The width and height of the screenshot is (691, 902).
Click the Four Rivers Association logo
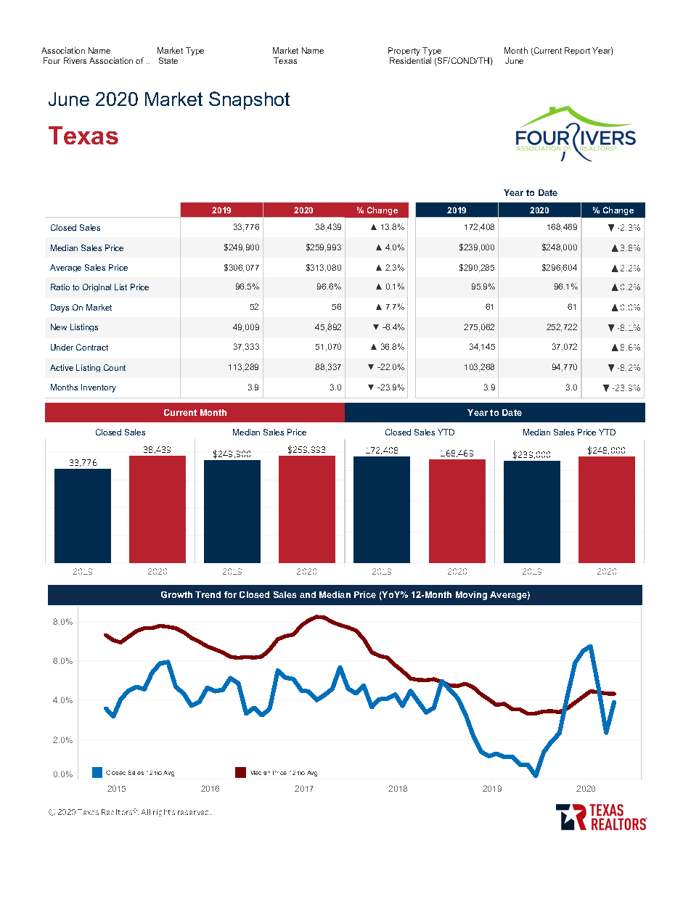click(x=575, y=134)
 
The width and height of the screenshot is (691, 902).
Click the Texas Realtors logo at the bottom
click(x=601, y=816)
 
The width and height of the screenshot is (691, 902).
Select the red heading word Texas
click(x=83, y=136)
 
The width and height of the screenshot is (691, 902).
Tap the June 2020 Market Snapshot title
click(x=169, y=99)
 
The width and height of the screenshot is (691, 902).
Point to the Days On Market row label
click(x=81, y=308)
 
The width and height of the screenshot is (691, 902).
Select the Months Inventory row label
click(x=83, y=388)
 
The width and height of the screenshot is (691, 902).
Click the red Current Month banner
click(x=195, y=413)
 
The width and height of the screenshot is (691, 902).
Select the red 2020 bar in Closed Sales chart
click(x=158, y=509)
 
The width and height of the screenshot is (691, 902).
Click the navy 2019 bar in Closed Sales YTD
click(x=382, y=509)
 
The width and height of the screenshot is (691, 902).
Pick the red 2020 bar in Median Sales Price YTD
click(x=607, y=509)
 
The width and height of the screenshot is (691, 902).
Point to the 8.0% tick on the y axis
click(x=62, y=623)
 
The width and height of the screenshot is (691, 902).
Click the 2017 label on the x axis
click(x=304, y=788)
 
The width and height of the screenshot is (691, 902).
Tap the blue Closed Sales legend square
click(x=98, y=773)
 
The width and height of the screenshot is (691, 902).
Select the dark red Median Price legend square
click(x=241, y=773)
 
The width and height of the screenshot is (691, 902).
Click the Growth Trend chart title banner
click(x=345, y=595)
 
